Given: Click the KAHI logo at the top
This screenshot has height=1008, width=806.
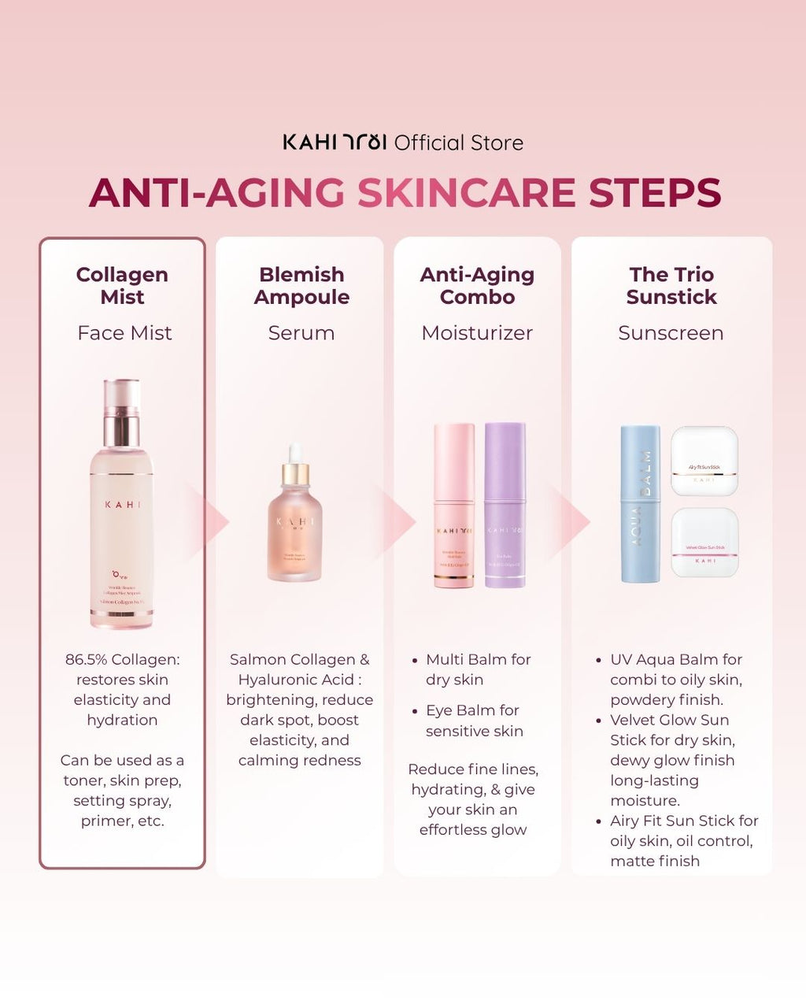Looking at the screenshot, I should tap(335, 143).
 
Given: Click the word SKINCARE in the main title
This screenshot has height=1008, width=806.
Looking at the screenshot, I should tap(467, 193).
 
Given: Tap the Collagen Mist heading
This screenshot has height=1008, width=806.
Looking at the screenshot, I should tap(122, 285).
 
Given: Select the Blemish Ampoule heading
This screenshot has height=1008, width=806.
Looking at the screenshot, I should tap(301, 285).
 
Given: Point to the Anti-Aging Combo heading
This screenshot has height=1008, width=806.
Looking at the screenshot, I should tap(477, 285).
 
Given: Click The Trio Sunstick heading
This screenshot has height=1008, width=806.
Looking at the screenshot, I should tap(671, 285).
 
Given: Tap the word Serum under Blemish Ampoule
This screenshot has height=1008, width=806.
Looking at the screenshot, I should tap(301, 333).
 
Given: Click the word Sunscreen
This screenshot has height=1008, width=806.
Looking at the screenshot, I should tap(671, 333).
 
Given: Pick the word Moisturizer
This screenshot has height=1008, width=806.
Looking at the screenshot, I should tap(477, 333).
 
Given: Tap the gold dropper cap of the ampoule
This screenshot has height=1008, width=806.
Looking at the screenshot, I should tap(296, 471).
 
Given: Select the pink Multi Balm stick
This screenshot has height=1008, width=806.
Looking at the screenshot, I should tap(454, 505).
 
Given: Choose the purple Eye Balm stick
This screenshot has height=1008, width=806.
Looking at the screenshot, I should tap(505, 505).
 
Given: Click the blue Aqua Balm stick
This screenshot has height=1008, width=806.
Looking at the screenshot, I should tap(640, 504).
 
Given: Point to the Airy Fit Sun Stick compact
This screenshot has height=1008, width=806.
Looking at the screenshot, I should tap(704, 461).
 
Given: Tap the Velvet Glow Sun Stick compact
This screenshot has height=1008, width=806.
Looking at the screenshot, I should tap(704, 543).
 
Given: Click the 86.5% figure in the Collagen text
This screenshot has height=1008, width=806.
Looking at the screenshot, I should tap(86, 660).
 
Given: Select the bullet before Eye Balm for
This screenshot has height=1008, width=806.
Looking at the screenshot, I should tap(415, 710).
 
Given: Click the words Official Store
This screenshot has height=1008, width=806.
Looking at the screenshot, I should tap(458, 143).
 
